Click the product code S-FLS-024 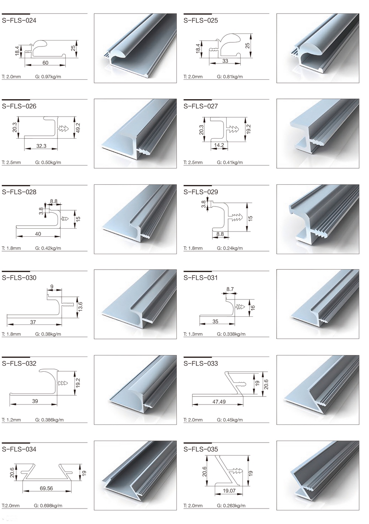pos(19,21)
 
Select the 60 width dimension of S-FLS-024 pos(45,63)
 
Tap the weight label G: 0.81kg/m pos(230,77)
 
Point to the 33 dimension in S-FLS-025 pos(225,61)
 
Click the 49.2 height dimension pos(78,128)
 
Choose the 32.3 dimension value pos(41,146)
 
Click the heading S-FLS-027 pos(201,106)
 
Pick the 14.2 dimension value pos(219,145)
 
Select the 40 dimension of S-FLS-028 pos(38,234)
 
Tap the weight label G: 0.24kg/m pos(230,248)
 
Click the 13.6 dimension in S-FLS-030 pos(80,307)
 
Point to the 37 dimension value pos(33,322)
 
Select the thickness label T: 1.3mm pos(193,334)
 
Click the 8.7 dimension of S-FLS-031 pos(230,289)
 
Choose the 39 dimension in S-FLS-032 pos(35,401)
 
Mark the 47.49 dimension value pos(219,402)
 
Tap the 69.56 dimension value pos(46,488)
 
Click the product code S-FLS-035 pos(201,450)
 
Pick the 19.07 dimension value pos(229,490)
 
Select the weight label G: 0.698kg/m pos(49,506)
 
